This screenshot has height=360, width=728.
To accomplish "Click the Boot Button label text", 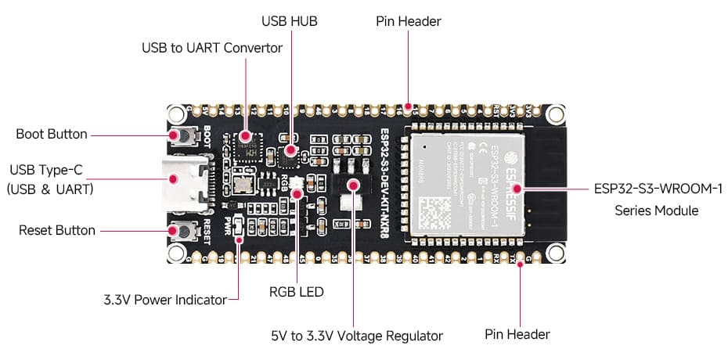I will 52,134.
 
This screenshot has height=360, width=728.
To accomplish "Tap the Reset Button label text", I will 56,230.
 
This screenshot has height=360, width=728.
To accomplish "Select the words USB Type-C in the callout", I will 45,169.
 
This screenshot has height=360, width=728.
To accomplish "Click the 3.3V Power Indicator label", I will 164,299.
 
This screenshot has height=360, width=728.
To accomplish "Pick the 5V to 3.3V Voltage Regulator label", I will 356,336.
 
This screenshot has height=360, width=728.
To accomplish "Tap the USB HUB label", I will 290,21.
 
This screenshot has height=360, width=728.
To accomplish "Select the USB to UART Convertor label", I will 212,48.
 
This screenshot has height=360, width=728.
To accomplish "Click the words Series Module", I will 656,211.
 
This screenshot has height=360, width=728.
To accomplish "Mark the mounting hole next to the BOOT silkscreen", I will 177,112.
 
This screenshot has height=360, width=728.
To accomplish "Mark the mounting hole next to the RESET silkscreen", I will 177,252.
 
